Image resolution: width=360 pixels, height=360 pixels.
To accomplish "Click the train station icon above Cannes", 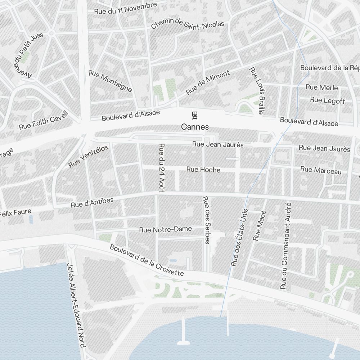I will pos(195,115).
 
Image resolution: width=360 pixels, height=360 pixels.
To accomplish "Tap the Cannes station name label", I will pos(195,127).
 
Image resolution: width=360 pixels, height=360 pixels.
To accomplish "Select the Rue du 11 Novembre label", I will pos(125,8).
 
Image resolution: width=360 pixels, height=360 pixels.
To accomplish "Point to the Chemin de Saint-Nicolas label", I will pos(187,24).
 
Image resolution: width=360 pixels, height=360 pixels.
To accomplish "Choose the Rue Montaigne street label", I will pos(111,81).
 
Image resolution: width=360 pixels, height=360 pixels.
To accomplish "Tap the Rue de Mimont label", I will pos(208,83).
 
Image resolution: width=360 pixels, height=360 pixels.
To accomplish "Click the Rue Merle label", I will pos(321,87).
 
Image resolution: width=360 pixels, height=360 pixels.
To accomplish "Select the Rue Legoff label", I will pos(327,100).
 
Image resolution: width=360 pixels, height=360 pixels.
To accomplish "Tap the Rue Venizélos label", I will pos(88,156).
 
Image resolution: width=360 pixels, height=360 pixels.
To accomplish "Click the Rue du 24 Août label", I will pos(162,168).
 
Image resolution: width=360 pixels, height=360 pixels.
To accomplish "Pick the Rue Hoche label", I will pos(203,170).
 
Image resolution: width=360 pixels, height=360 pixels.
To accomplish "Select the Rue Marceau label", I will pos(321,170).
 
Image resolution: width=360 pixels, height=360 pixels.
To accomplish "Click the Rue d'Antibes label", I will pos(92,202).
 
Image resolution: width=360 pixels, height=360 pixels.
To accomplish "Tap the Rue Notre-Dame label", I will pos(166,229).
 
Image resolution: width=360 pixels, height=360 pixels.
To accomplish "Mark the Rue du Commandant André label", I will pos(286,246).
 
